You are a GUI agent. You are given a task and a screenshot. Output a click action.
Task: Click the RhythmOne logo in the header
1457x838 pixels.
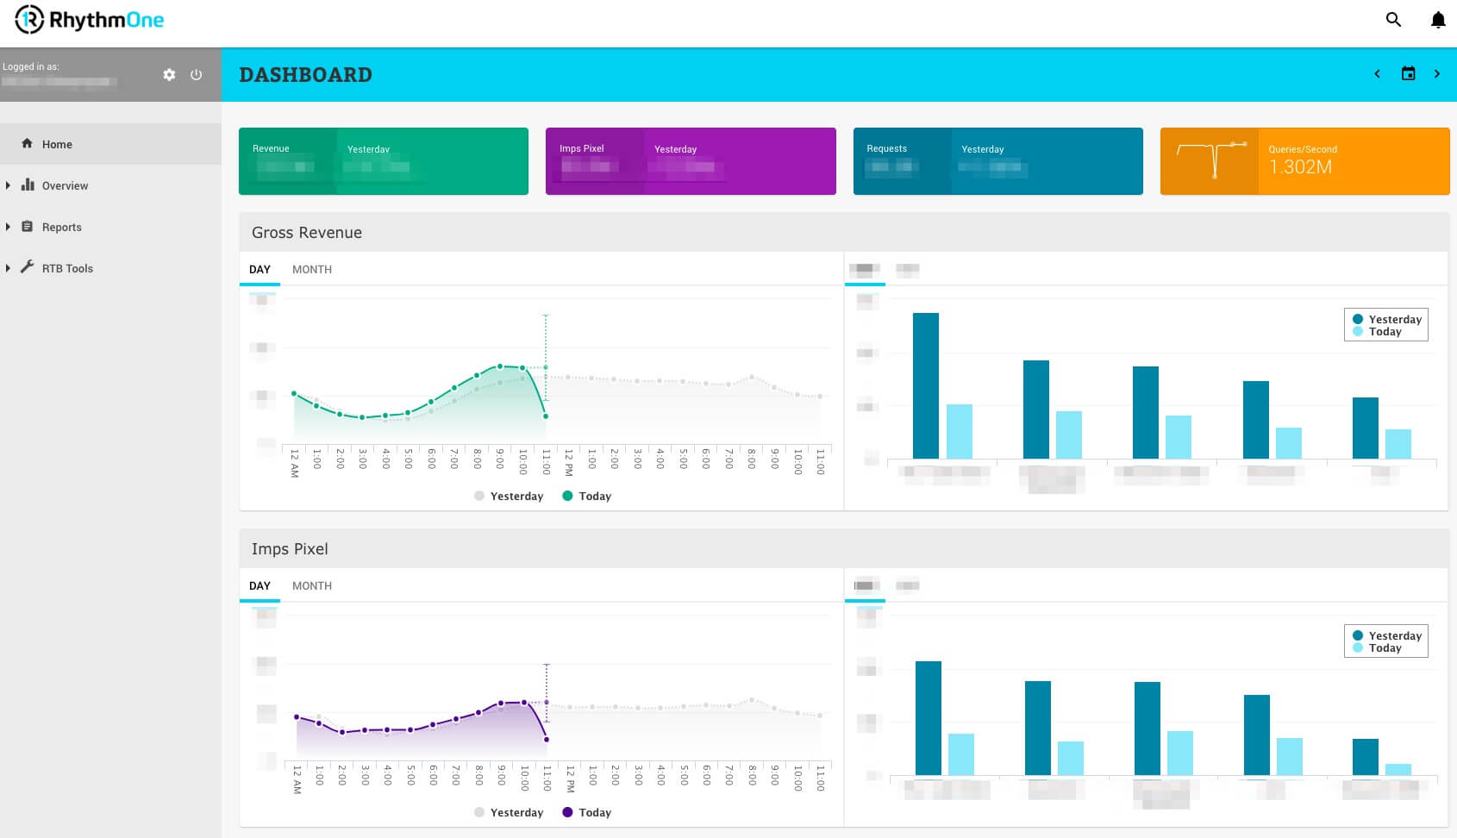click(90, 20)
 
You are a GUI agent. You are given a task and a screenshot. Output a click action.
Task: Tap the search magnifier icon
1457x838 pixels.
click(1393, 20)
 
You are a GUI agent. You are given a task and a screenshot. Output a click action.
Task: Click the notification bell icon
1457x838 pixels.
click(1438, 20)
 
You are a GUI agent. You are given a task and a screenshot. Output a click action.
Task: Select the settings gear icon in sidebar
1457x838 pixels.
click(169, 75)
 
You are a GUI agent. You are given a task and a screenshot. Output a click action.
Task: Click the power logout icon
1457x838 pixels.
click(197, 75)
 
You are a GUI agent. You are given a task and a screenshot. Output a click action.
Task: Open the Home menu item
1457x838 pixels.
click(57, 144)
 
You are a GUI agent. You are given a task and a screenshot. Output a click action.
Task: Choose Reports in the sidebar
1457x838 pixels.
click(61, 227)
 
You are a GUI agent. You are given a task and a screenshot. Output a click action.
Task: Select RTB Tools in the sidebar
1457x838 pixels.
click(67, 268)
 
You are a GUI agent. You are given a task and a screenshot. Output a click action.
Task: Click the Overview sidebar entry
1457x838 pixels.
click(65, 185)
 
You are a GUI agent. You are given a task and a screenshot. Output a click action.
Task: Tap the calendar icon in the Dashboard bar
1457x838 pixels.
click(1408, 74)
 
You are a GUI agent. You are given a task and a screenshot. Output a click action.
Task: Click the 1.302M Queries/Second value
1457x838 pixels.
click(1300, 167)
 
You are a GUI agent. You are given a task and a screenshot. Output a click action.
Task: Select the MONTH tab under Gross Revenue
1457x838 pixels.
click(312, 269)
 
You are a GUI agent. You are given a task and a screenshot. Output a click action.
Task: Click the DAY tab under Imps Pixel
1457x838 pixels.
click(260, 585)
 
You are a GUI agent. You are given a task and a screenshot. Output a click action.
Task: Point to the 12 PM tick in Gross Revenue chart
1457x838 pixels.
click(569, 462)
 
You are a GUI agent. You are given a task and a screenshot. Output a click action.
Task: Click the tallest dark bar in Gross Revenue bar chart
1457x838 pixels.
click(925, 385)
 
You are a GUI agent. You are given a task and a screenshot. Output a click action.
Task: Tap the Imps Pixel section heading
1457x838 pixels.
click(290, 549)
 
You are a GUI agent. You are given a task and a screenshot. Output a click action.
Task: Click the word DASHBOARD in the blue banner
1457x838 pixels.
click(305, 75)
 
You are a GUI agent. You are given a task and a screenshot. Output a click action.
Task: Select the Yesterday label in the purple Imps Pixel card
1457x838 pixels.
click(675, 149)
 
